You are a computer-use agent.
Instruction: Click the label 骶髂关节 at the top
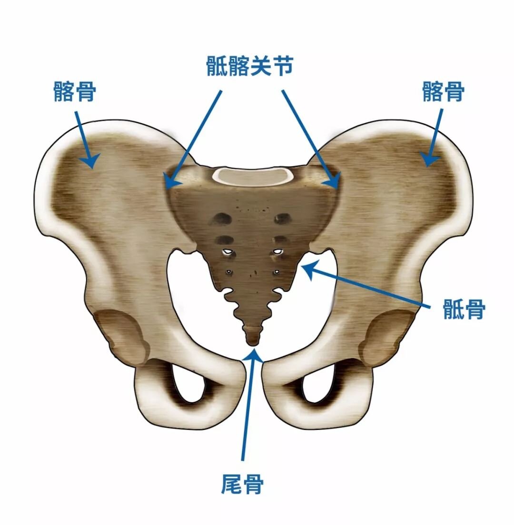[x=250, y=66]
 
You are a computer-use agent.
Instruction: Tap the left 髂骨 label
[x=75, y=91]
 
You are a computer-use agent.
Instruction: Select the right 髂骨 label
[x=443, y=91]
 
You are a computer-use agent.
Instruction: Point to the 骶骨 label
[x=464, y=309]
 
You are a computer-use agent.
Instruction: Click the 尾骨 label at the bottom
[x=242, y=484]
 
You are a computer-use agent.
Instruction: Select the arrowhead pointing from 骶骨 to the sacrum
[x=309, y=269]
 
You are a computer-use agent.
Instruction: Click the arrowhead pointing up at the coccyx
[x=253, y=355]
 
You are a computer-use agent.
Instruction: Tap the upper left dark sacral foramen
[x=222, y=219]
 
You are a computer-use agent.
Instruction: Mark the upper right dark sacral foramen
[x=282, y=219]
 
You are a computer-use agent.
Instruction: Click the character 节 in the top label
[x=283, y=66]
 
